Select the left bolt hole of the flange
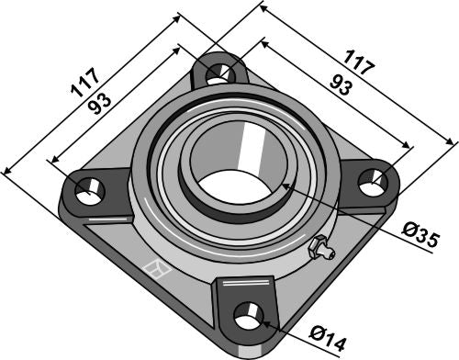pyautogui.click(x=88, y=192)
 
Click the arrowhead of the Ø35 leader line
pyautogui.click(x=285, y=186)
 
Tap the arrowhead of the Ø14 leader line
pyautogui.click(x=263, y=322)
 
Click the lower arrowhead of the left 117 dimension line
pyautogui.click(x=7, y=169)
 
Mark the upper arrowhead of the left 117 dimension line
pyautogui.click(x=179, y=16)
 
